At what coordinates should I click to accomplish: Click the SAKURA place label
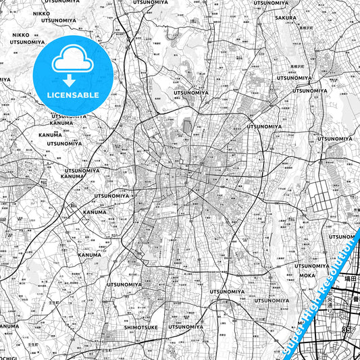(285, 36)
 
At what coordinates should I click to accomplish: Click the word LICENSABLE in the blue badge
(72, 95)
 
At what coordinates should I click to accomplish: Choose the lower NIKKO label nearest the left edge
(20, 34)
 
